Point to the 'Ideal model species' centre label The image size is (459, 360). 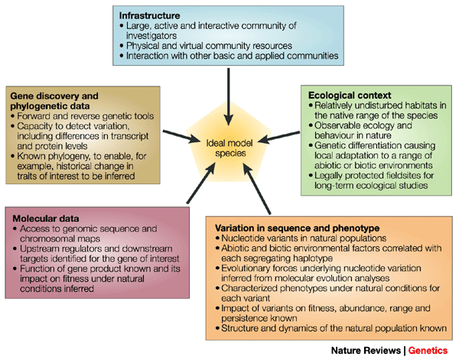[x=228, y=145]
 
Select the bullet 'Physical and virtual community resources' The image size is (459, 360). [x=202, y=44]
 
